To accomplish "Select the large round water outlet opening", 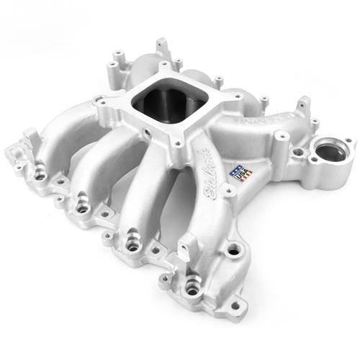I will (x=327, y=153).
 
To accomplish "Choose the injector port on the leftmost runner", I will (x=40, y=174).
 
